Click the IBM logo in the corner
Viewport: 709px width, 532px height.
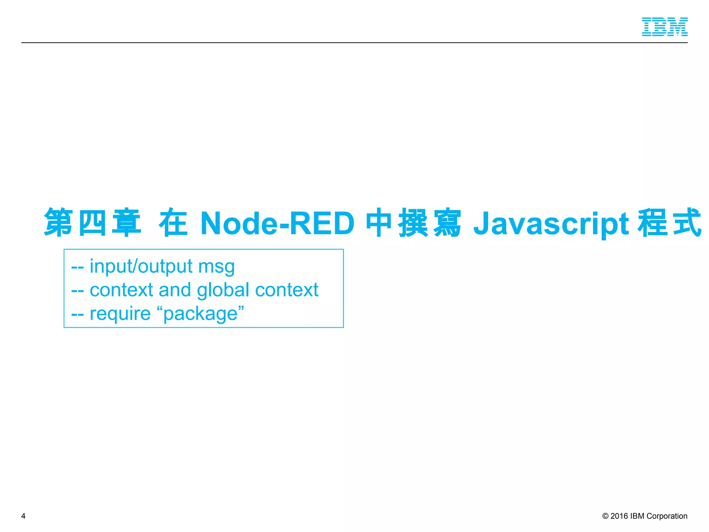pyautogui.click(x=664, y=27)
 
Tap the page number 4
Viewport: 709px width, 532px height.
pyautogui.click(x=23, y=516)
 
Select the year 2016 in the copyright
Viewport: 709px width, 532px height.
pyautogui.click(x=619, y=516)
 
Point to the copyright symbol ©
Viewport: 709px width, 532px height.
pyautogui.click(x=605, y=516)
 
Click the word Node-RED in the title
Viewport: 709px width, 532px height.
pyautogui.click(x=277, y=223)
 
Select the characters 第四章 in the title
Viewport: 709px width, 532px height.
pyautogui.click(x=93, y=223)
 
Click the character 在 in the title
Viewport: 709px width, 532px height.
pyautogui.click(x=173, y=223)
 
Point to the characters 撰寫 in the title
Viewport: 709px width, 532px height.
pyautogui.click(x=430, y=223)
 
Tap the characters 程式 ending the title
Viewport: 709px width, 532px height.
pyautogui.click(x=670, y=223)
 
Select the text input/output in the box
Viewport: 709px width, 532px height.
pyautogui.click(x=141, y=266)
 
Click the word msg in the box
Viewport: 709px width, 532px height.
pyautogui.click(x=216, y=267)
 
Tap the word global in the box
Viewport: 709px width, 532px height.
pyautogui.click(x=223, y=290)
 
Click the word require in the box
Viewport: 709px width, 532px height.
pyautogui.click(x=120, y=314)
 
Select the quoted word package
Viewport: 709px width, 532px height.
pyautogui.click(x=200, y=314)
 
